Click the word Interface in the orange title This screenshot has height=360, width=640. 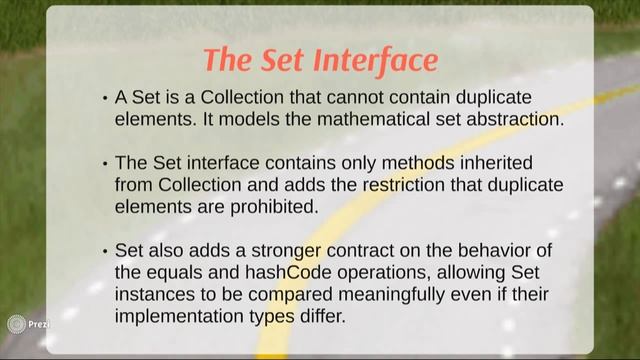(376, 60)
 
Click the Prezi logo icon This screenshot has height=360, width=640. (16, 324)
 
